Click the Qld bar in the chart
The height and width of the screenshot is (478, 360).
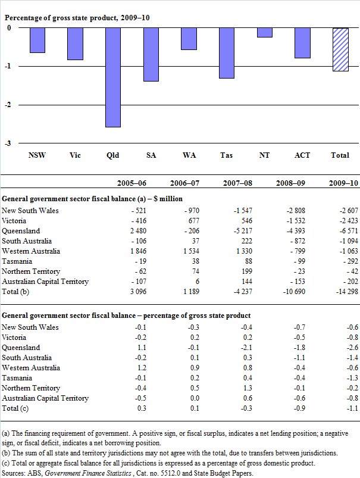pyautogui.click(x=113, y=77)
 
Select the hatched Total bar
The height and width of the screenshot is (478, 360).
pyautogui.click(x=340, y=50)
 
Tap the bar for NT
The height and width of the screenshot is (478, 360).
pyautogui.click(x=265, y=33)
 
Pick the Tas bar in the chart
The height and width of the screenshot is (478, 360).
pyautogui.click(x=227, y=53)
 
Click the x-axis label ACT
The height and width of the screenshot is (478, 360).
pyautogui.click(x=302, y=155)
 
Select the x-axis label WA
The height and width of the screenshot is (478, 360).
pyautogui.click(x=189, y=155)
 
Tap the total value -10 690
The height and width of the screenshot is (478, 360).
pyautogui.click(x=295, y=291)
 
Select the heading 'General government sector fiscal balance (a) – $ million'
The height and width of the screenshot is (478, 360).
pyautogui.click(x=92, y=199)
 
